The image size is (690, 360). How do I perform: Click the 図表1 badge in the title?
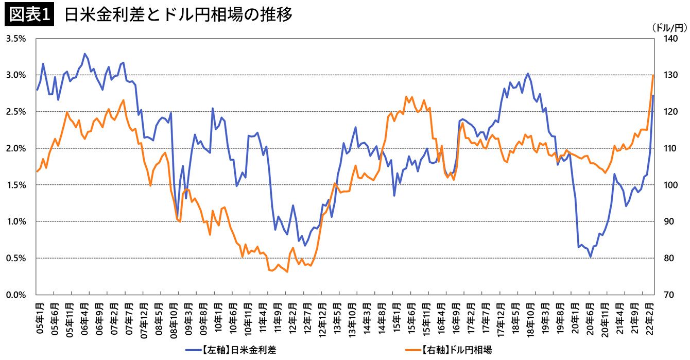click(29, 15)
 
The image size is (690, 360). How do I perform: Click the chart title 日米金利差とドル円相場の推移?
click(178, 15)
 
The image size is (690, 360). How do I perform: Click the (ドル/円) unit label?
click(669, 26)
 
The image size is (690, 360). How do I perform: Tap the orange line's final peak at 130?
click(653, 75)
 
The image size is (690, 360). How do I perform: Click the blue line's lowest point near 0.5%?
click(591, 257)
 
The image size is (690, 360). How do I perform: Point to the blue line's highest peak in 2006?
click(84, 54)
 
